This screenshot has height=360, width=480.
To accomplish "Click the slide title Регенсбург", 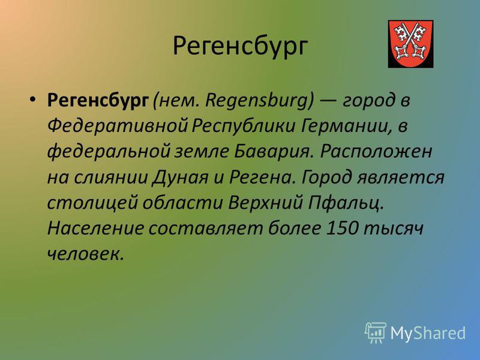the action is pos(240,47).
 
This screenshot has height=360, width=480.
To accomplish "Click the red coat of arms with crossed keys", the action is pos(410,44).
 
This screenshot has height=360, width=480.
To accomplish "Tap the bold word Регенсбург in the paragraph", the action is pos(98,101).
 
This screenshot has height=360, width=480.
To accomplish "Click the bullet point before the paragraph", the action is pos(33,99).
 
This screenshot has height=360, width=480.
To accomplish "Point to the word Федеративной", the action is pos(117,126).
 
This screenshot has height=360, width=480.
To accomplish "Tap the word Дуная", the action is pos(180,178).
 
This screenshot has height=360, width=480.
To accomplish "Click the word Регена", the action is pos(262,178).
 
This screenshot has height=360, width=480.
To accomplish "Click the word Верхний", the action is pos(265,203).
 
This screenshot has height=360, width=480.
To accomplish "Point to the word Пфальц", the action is pos(346,203).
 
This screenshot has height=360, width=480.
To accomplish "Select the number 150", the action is pos(342,229).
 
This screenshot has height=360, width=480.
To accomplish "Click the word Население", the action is pos(95,229).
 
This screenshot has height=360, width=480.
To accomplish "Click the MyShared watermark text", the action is pos(428,333).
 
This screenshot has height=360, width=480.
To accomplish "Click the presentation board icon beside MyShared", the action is pos(376,332).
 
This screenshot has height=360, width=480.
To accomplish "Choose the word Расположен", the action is pos(376,152).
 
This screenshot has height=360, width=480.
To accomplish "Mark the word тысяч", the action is pos(394,229).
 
